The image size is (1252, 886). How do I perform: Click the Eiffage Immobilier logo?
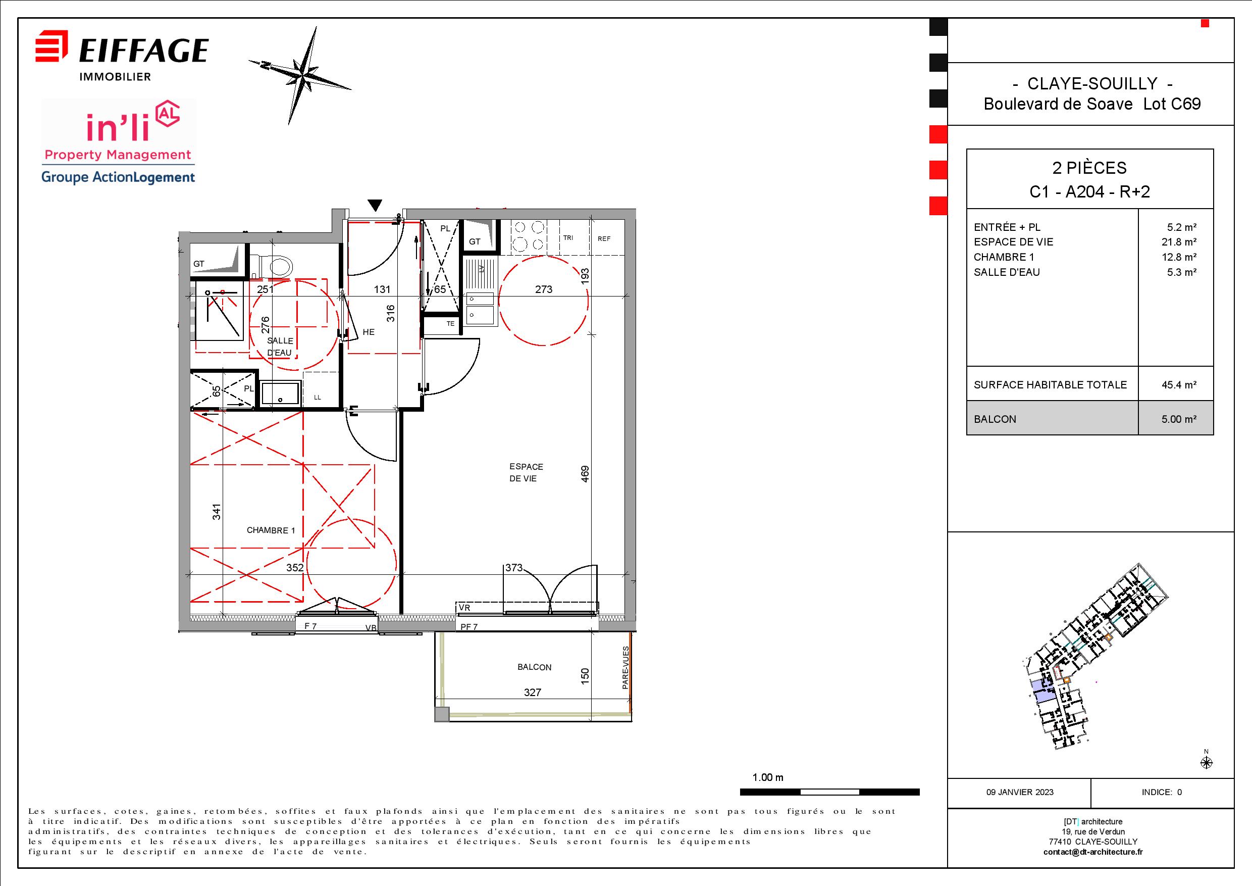tap(122, 57)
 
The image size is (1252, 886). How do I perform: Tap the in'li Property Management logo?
tap(118, 142)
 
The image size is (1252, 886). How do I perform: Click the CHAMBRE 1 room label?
tap(271, 530)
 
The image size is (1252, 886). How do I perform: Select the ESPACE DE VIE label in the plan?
tap(526, 472)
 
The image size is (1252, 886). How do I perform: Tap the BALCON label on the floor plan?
tap(535, 667)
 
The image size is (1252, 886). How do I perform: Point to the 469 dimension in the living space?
tap(585, 474)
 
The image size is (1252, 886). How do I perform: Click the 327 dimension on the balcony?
tap(532, 693)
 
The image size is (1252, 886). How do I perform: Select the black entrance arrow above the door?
tap(374, 205)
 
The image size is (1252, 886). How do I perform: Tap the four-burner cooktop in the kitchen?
tap(529, 236)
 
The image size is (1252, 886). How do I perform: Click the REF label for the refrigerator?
tap(604, 239)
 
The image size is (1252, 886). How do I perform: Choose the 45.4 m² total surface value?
tap(1179, 384)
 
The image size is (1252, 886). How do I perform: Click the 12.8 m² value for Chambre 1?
tap(1179, 257)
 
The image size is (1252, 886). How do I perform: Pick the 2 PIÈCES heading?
tap(1089, 168)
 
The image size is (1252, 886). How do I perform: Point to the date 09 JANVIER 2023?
tap(1020, 792)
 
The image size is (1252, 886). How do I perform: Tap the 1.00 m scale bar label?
tap(768, 777)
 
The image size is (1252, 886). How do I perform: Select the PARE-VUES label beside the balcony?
tap(625, 668)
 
